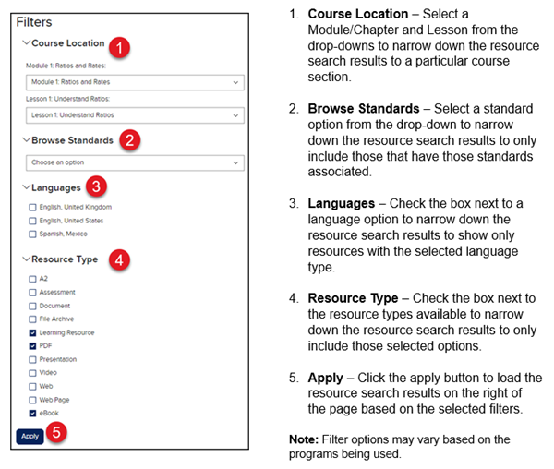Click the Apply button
(30, 436)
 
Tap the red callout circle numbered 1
(119, 45)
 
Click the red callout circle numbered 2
(131, 140)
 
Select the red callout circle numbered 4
(119, 259)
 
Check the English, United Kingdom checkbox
(32, 207)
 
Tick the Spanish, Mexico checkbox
(32, 234)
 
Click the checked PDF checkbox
(32, 345)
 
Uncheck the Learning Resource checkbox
(32, 332)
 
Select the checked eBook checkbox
(32, 413)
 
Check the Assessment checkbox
(32, 292)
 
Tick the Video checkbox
(32, 372)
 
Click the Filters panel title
(34, 21)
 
